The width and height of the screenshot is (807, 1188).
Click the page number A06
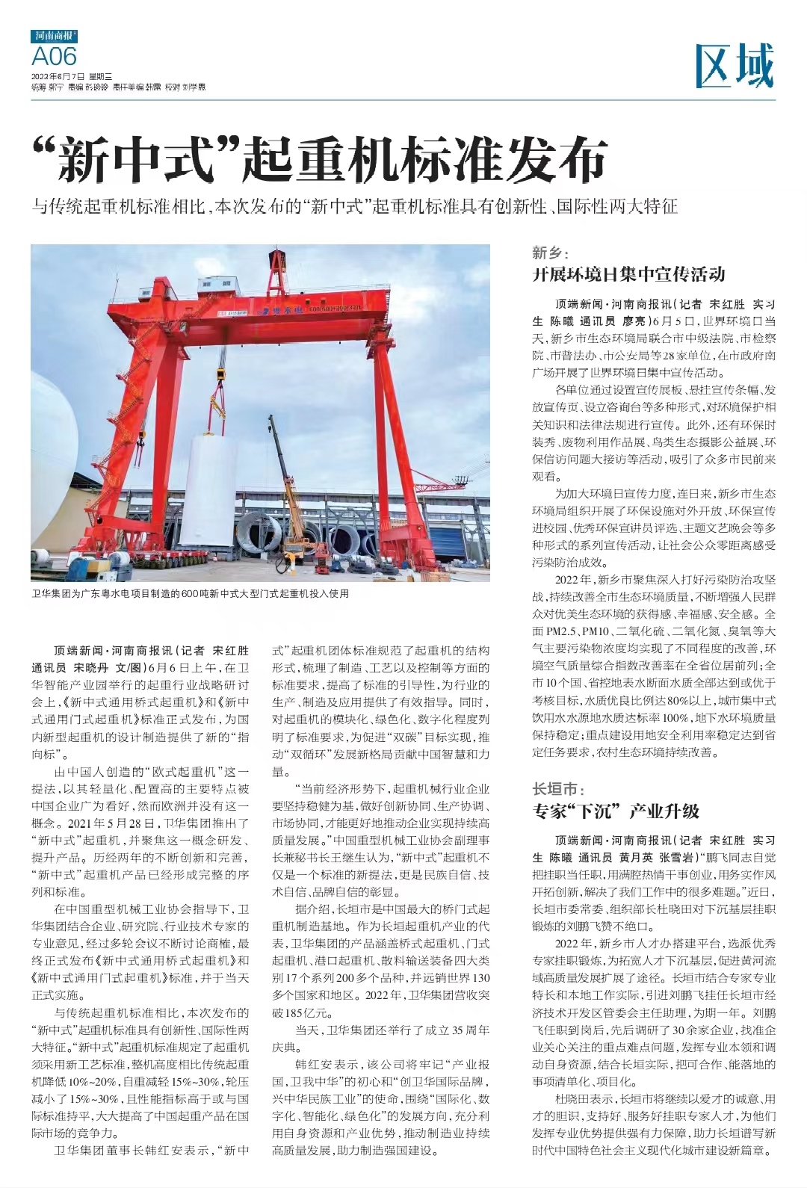(54, 57)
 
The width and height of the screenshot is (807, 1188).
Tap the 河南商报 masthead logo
(54, 35)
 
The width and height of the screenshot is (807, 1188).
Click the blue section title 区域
(734, 66)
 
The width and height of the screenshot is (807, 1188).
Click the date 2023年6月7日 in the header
(58, 76)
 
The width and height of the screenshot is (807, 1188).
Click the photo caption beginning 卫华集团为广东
(190, 594)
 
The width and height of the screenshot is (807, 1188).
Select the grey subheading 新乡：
(550, 253)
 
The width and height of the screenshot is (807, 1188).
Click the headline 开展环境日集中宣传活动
(628, 275)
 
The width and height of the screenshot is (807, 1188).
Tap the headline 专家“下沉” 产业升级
(616, 811)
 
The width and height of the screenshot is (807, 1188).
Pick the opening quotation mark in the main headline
(45, 149)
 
